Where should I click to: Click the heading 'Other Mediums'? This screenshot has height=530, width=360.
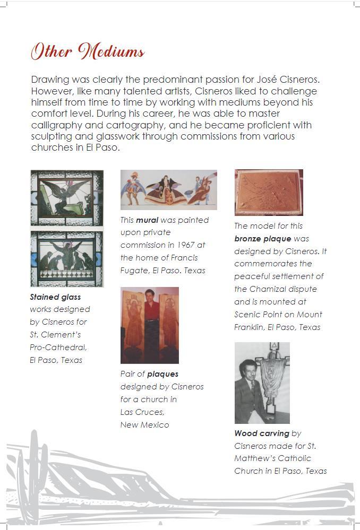tap(88, 51)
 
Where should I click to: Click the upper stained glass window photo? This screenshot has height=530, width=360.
tap(67, 197)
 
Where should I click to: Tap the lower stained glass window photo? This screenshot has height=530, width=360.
tap(67, 258)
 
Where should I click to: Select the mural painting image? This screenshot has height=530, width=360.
tap(168, 189)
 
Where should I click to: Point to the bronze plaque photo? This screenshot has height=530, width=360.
tap(269, 192)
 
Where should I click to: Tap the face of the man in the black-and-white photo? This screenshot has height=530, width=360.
tap(248, 368)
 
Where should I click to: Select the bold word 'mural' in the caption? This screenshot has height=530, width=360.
tap(147, 220)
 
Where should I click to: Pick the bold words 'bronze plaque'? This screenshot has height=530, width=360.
tap(262, 238)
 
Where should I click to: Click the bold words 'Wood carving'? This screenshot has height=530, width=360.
tap(262, 433)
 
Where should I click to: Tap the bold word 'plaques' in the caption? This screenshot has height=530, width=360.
tap(162, 373)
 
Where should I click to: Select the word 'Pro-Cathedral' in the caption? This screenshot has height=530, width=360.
tap(58, 347)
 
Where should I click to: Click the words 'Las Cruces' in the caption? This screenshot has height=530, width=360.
tap(142, 412)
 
